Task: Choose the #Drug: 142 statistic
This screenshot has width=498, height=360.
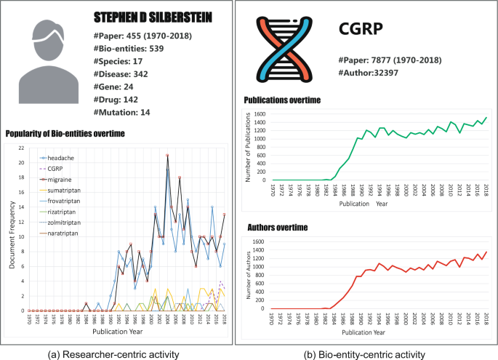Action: (121, 100)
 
